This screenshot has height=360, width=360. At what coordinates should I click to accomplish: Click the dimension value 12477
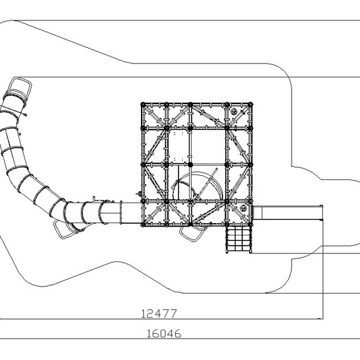click(159, 313)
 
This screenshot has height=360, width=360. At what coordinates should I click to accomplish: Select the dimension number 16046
click(164, 333)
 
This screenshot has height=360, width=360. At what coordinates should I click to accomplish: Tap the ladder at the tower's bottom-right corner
click(238, 239)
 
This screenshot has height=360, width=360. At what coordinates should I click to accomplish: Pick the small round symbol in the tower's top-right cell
click(233, 112)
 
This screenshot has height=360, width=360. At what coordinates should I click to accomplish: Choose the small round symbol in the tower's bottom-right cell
click(243, 208)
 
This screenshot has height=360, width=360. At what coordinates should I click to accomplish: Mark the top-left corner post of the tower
click(143, 105)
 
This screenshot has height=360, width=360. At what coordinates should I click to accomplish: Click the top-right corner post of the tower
click(250, 105)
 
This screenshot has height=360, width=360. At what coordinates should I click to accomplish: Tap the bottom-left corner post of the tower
click(143, 224)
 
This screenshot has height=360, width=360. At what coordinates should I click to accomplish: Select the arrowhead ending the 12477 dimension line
click(320, 319)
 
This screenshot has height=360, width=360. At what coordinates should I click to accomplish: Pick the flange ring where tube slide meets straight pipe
click(121, 212)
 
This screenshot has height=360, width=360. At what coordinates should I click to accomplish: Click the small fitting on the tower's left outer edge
click(138, 194)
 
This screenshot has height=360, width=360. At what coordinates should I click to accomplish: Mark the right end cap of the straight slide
click(322, 213)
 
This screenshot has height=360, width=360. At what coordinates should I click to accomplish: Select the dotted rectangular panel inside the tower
click(179, 146)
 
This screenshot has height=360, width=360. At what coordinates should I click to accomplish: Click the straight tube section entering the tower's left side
click(131, 213)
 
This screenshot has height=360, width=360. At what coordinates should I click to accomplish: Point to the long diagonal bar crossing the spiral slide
click(206, 184)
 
